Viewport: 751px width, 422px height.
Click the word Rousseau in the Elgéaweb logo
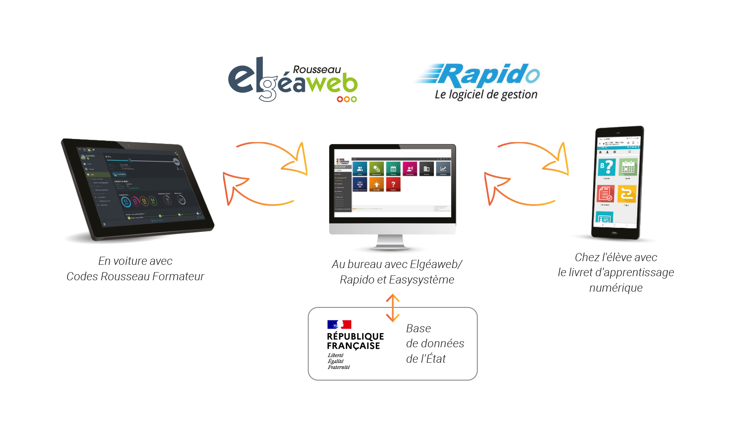pos(317,70)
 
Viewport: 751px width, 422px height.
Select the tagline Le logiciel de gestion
pos(486,95)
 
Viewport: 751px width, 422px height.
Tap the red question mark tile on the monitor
pos(393,184)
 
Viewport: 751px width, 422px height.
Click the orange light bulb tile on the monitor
pos(377,184)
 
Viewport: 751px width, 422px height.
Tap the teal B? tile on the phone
pos(606,167)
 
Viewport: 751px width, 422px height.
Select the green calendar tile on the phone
pos(628,167)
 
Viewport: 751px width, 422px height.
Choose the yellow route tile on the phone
pos(627,194)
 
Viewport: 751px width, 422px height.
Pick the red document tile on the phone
pos(605,194)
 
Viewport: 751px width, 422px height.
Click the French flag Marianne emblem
pos(339,324)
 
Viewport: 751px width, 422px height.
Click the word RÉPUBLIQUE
pos(355,336)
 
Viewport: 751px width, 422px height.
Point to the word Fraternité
pos(339,367)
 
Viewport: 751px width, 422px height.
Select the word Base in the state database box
pos(419,328)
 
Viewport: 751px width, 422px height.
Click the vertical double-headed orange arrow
pos(393,308)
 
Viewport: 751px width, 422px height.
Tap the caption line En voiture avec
pos(135,261)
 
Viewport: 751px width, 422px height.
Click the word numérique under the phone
pos(616,288)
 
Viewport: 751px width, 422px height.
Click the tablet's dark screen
pos(138,187)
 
